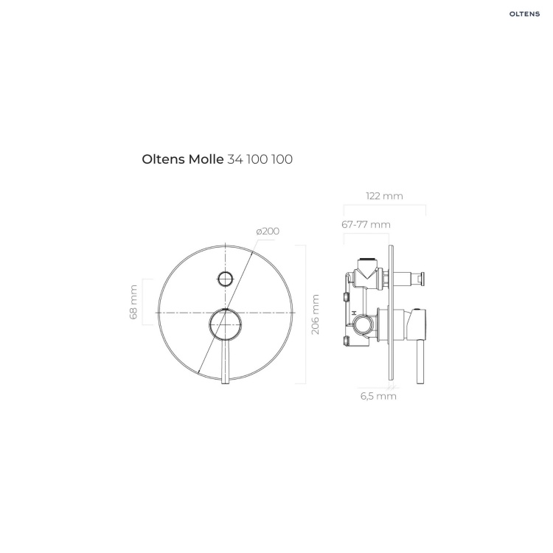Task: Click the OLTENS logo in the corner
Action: click(x=524, y=14)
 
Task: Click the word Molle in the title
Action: click(x=206, y=159)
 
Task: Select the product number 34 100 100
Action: click(x=260, y=159)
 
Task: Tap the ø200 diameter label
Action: click(x=268, y=232)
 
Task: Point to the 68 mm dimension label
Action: click(x=133, y=302)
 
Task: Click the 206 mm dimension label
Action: click(x=316, y=315)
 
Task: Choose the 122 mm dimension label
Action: click(x=384, y=196)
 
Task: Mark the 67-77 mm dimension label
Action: click(x=366, y=225)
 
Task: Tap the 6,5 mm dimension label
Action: click(x=378, y=396)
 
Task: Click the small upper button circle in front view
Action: click(x=226, y=279)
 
